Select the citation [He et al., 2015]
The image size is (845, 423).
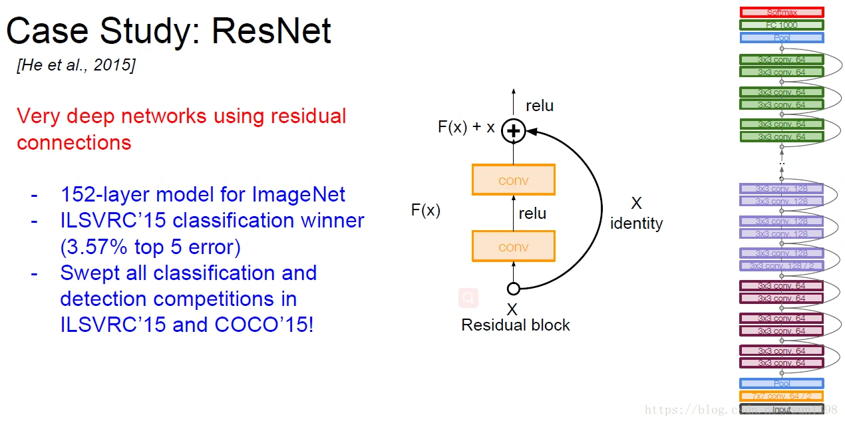point(76,65)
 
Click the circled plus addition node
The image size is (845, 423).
point(513,131)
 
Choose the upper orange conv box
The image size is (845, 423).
point(513,180)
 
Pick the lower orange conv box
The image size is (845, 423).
point(513,246)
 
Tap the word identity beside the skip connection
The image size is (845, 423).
point(636,223)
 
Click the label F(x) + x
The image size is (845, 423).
point(466,127)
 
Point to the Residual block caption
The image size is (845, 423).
point(516,325)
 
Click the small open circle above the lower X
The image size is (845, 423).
point(513,289)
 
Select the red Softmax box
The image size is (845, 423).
point(782,12)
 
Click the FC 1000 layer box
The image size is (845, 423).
point(782,25)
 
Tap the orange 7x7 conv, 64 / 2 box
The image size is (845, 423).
point(782,396)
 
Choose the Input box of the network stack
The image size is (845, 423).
point(782,410)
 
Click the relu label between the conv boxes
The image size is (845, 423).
point(532,213)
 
